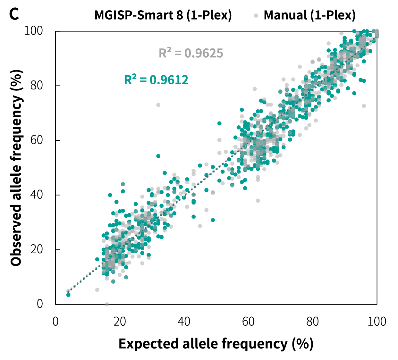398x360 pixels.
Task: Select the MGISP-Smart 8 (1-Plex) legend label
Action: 163,15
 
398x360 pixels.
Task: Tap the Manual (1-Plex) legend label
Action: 309,15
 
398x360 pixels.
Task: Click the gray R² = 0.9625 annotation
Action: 191,53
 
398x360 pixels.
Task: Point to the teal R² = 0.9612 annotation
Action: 156,80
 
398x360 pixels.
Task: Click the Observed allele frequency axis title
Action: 17,167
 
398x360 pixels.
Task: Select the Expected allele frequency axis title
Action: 216,344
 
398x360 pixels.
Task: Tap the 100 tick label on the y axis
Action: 33,31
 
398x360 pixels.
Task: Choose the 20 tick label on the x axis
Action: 120,321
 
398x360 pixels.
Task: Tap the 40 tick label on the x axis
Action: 184,321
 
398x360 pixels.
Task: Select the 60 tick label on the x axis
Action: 248,321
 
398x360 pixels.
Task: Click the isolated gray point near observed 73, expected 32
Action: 158,105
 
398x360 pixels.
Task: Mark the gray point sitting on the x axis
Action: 107,304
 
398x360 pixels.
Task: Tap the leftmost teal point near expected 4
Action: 68,295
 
